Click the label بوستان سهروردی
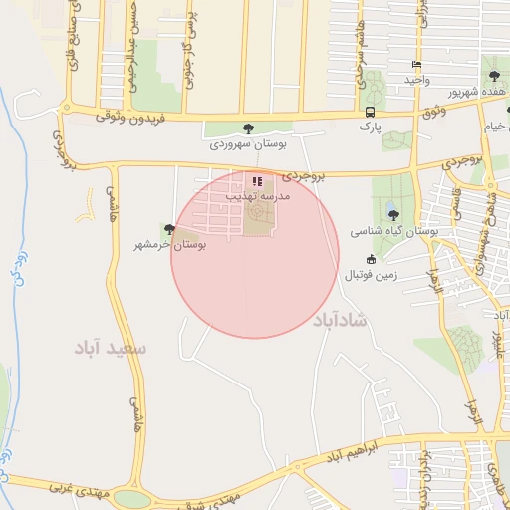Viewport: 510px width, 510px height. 248,144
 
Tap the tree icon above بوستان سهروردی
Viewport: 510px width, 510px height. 249,127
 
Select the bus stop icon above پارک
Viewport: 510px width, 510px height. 371,112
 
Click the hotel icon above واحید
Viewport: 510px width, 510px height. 415,65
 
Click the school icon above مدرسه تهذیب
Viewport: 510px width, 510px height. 257,182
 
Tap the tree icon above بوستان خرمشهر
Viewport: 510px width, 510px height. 169,229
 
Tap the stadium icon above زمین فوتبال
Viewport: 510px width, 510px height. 372,259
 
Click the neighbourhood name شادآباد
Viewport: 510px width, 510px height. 340,321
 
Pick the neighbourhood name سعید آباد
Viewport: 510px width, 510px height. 111,348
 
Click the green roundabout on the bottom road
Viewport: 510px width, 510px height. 130,497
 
